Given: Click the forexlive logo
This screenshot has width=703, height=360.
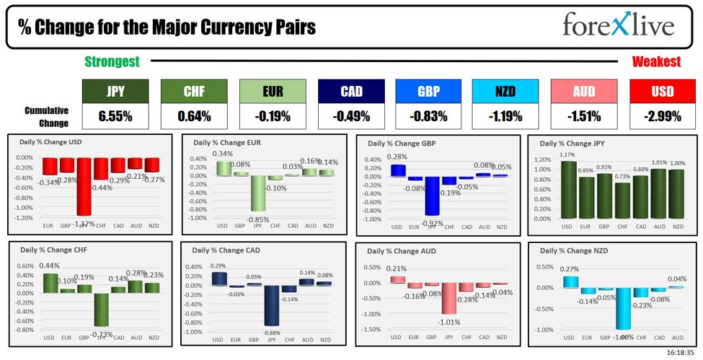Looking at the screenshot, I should (618, 27).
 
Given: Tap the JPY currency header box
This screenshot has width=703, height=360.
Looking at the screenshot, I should (115, 92).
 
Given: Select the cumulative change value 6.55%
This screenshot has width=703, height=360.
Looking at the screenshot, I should (115, 116).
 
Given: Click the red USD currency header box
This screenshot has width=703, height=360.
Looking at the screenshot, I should (663, 92).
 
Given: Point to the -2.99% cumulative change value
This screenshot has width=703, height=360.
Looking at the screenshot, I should (663, 116).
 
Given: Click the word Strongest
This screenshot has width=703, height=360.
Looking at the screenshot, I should (112, 62).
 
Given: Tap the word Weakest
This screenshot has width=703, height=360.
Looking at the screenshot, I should (656, 62).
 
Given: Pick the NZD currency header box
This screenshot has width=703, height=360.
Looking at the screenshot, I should (505, 92).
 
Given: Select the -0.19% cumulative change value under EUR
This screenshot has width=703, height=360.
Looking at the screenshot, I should (272, 116).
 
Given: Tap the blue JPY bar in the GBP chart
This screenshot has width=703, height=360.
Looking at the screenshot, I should (432, 196).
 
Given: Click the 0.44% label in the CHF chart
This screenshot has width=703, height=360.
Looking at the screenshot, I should (49, 265).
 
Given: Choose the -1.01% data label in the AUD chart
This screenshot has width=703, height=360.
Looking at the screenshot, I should (448, 322).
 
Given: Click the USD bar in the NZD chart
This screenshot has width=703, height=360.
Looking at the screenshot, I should (570, 281).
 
